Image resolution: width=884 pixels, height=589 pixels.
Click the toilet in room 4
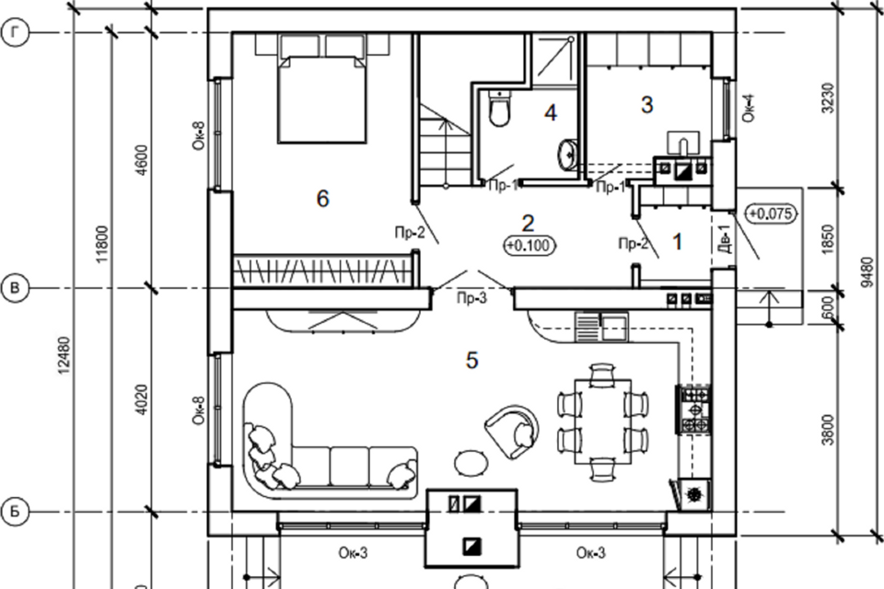click(499, 108)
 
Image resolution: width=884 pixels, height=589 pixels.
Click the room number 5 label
click(471, 360)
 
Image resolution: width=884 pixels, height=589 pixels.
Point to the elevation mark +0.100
click(529, 245)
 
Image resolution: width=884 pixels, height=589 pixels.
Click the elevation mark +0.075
click(773, 214)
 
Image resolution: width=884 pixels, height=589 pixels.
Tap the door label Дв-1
click(727, 238)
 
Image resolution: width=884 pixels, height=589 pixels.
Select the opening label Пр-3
click(471, 297)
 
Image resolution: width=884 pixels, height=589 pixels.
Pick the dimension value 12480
click(64, 355)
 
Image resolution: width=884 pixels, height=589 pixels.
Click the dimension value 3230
click(828, 98)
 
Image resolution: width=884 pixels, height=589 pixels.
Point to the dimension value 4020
click(142, 399)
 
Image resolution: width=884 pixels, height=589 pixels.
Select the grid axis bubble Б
click(16, 512)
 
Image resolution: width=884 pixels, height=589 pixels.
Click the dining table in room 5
click(602, 422)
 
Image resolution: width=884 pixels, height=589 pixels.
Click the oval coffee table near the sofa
click(471, 464)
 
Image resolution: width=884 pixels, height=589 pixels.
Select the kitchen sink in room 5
click(601, 327)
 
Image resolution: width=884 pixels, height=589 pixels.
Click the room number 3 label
click(647, 104)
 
